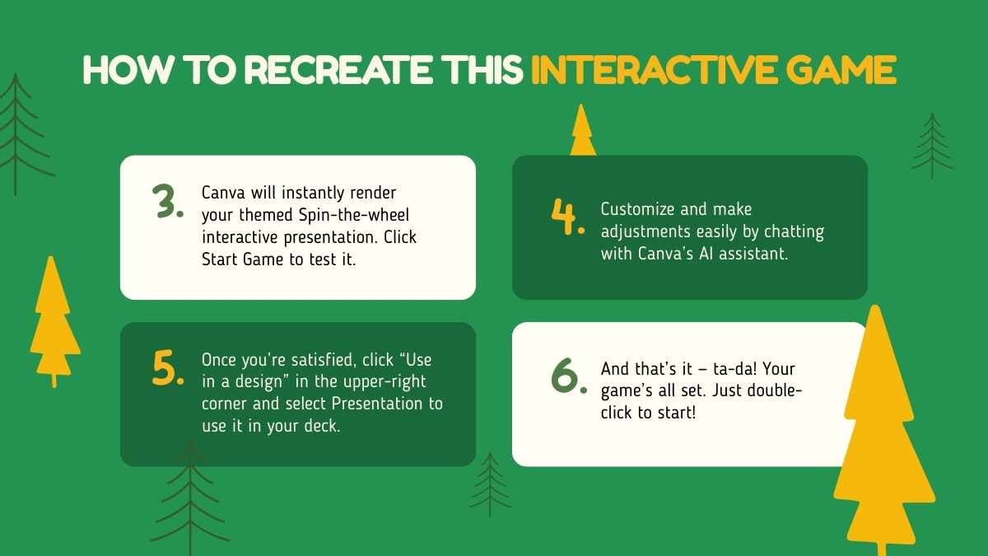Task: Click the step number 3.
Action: (x=167, y=202)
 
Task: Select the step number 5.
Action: (x=167, y=368)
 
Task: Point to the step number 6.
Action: (x=568, y=375)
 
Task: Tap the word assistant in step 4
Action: (x=753, y=254)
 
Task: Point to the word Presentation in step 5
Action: (x=386, y=404)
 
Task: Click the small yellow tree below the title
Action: (x=582, y=132)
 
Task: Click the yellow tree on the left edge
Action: (x=54, y=321)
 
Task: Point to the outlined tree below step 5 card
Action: (x=191, y=494)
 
